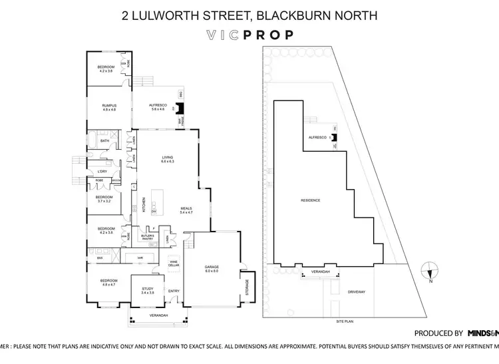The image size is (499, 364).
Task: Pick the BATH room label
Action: point(104,141)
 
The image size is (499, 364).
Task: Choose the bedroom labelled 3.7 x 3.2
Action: point(104,199)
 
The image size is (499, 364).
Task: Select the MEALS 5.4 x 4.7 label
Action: point(186,210)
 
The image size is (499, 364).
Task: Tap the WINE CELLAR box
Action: point(174,262)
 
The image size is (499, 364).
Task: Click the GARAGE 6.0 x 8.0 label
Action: point(212,270)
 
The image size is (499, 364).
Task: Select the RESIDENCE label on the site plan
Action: point(311,200)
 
